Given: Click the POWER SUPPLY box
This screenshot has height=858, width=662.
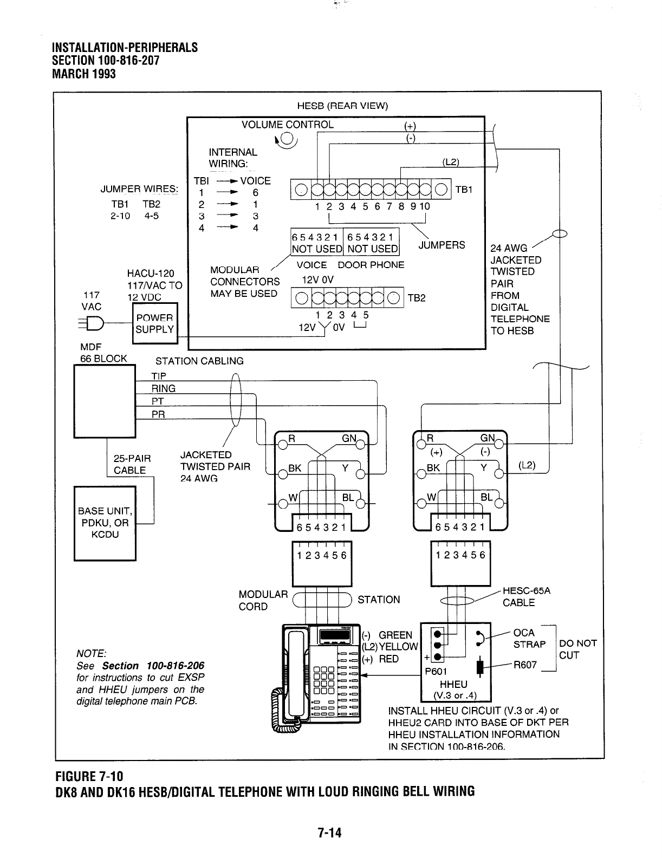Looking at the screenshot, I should [154, 323].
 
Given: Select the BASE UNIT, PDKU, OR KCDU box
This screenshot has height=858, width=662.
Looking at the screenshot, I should [105, 523].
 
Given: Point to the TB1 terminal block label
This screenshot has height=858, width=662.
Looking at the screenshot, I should [464, 189].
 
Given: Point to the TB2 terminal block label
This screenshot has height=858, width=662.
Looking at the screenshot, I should [417, 298].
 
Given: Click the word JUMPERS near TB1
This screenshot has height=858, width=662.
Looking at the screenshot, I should [442, 245].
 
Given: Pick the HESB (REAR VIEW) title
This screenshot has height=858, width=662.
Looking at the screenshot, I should [342, 106].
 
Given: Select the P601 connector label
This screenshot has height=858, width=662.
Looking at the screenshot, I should [435, 672].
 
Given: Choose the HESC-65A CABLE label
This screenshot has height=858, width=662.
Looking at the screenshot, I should [526, 597].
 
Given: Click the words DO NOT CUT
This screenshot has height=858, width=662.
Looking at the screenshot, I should [577, 649].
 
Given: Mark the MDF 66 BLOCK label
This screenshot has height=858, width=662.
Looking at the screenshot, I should [103, 353].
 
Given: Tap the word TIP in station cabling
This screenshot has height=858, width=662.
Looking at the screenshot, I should [159, 376].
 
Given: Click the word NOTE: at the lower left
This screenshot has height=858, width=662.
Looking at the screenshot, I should [92, 653].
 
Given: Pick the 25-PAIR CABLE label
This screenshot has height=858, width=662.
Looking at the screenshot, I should [132, 464].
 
